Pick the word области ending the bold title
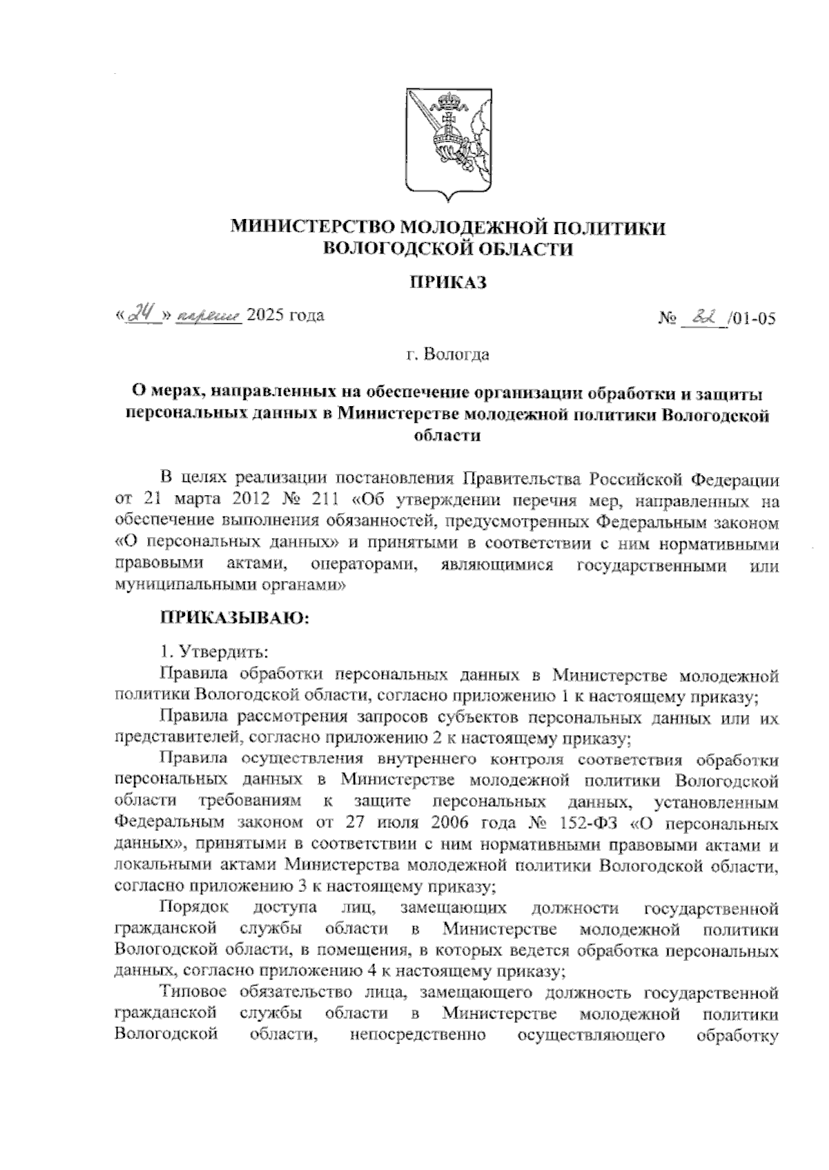tap(447, 436)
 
